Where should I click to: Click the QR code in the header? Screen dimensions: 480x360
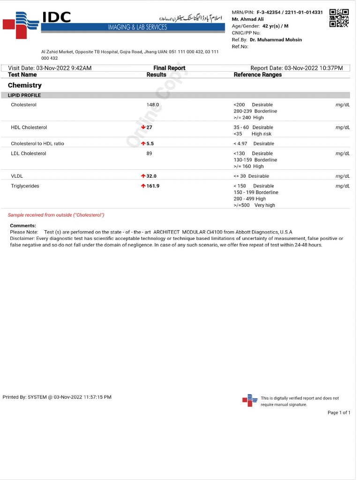click(x=339, y=18)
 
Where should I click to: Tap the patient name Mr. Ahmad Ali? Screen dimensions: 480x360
click(x=247, y=19)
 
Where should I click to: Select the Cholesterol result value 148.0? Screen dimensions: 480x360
click(x=153, y=105)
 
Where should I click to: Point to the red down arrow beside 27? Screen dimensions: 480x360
click(x=143, y=127)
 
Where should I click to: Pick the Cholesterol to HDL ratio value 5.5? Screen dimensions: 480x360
click(x=150, y=144)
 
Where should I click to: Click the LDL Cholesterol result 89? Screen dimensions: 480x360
click(x=149, y=154)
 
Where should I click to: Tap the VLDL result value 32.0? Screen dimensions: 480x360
click(x=151, y=176)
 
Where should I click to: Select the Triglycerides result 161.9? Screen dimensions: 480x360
click(x=153, y=186)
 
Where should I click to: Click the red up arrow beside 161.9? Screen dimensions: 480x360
click(x=143, y=186)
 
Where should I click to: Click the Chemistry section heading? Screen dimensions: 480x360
click(x=25, y=85)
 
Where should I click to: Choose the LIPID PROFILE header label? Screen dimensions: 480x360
click(x=24, y=96)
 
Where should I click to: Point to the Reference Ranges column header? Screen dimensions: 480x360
click(x=258, y=75)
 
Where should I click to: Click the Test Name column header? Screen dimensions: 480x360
click(x=22, y=75)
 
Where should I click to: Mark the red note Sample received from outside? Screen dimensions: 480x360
click(x=56, y=215)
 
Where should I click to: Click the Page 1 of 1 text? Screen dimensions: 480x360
click(x=338, y=413)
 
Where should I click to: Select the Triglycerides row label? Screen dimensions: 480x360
click(x=25, y=186)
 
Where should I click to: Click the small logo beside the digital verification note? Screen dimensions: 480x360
click(x=250, y=400)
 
